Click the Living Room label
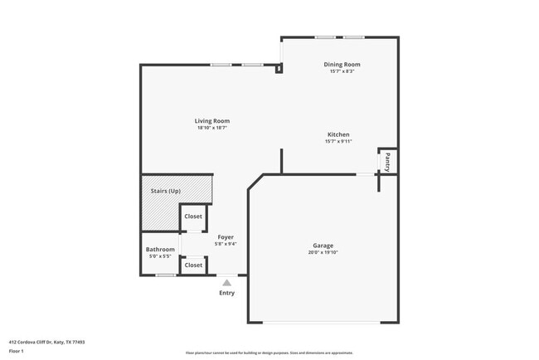[x=212, y=121]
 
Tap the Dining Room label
[x=342, y=65]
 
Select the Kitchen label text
[x=338, y=134]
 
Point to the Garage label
[x=323, y=246]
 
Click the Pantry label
[x=386, y=161]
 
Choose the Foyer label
[x=226, y=236]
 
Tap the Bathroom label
[x=160, y=250]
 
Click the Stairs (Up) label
[x=165, y=192]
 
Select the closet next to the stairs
[x=193, y=216]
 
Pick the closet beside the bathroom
[x=193, y=265]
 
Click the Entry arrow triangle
[x=226, y=283]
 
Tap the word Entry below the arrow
[x=226, y=293]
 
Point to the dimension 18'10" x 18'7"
[x=212, y=129]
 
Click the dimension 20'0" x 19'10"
[x=323, y=253]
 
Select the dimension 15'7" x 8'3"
[x=342, y=72]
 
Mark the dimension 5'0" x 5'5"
[x=160, y=256]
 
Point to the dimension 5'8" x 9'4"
[x=226, y=244]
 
